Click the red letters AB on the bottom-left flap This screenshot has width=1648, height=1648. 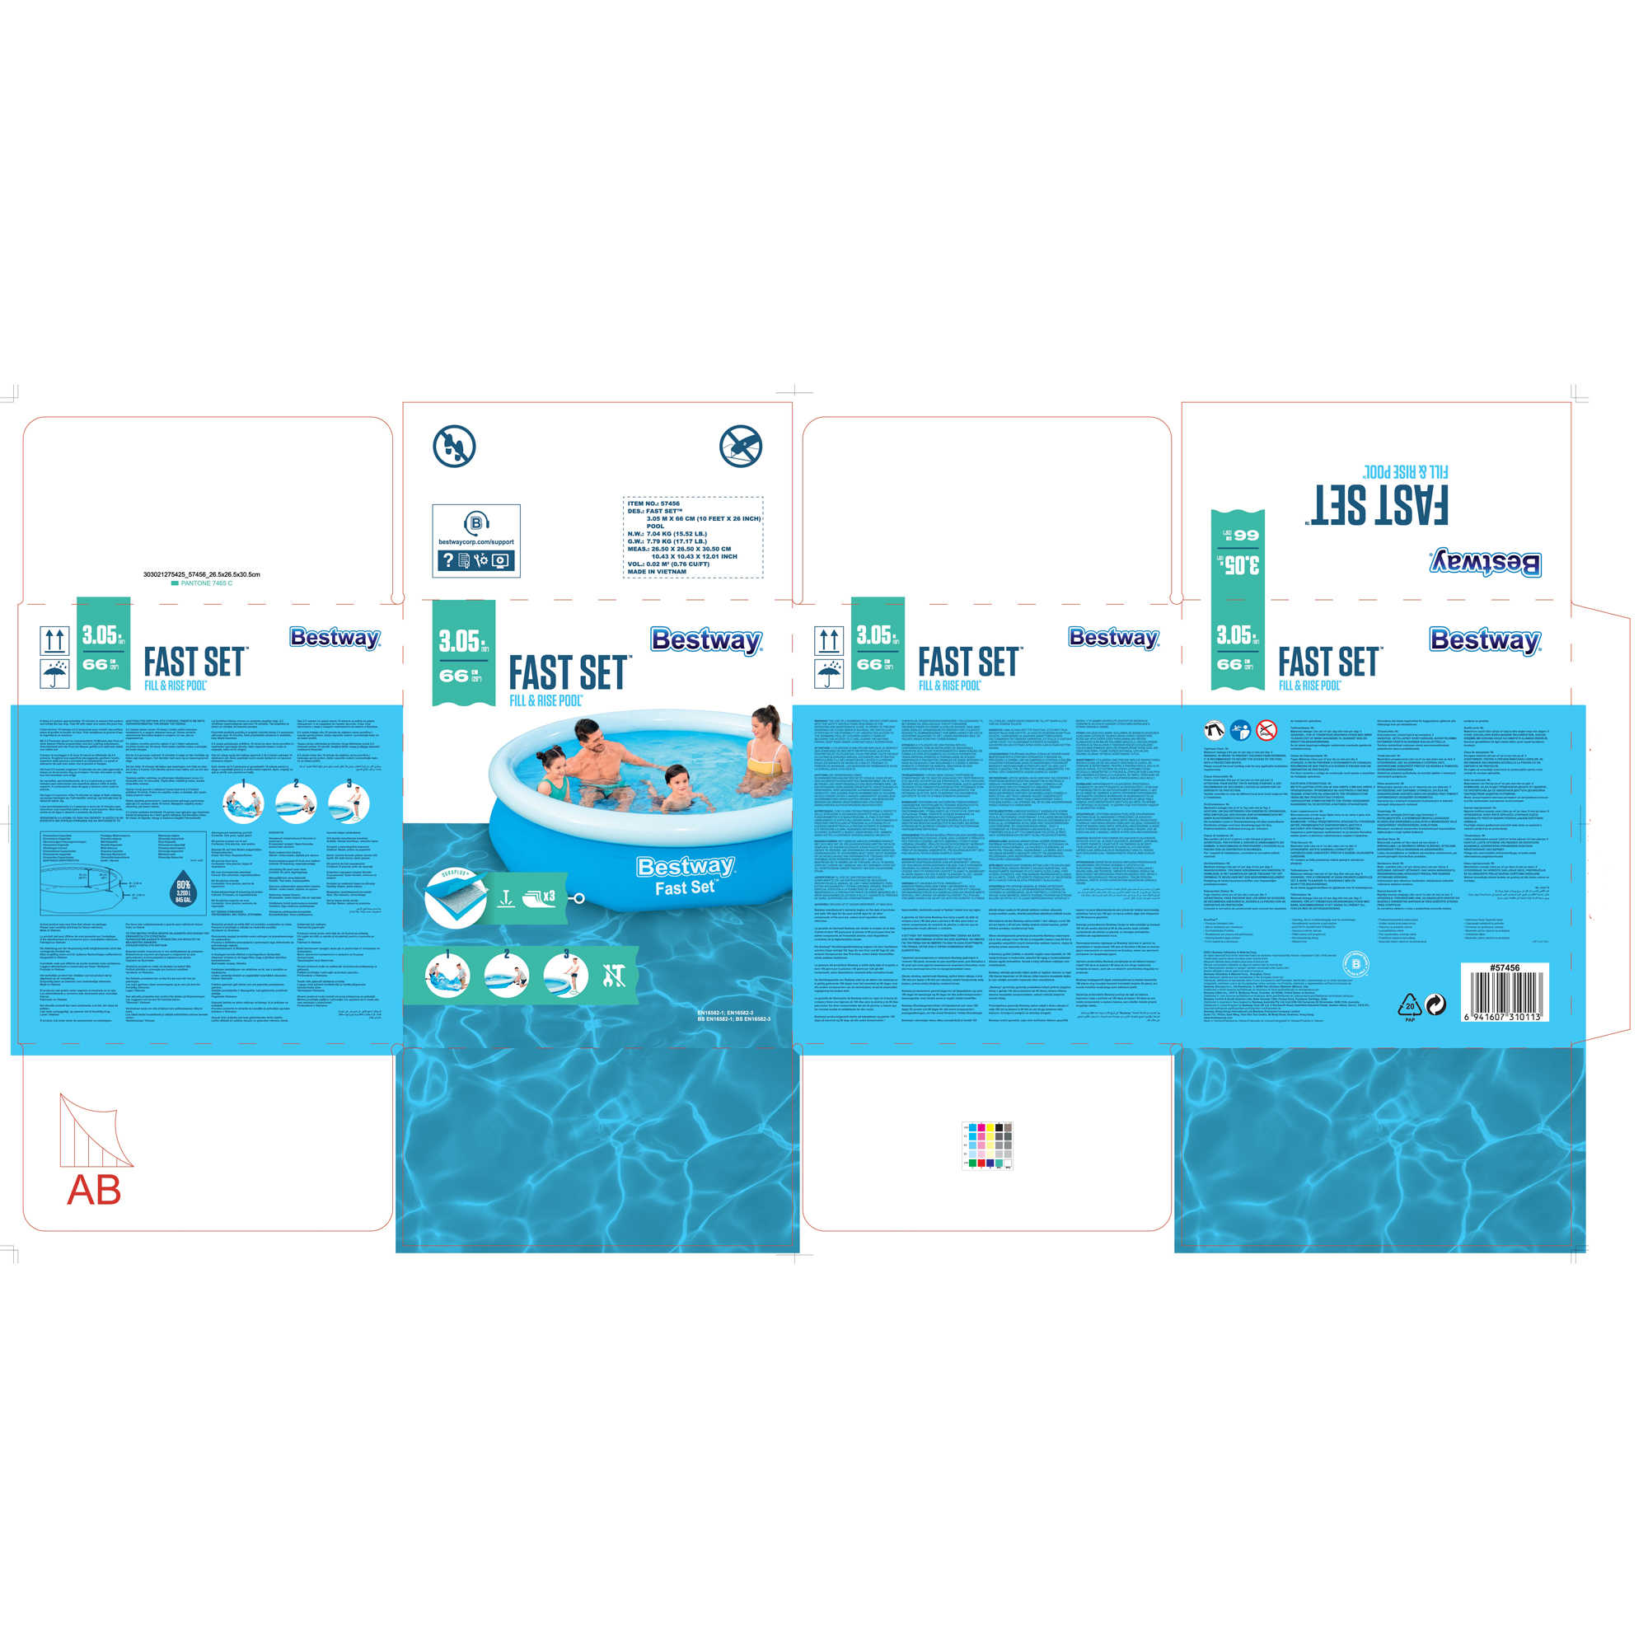coord(94,1191)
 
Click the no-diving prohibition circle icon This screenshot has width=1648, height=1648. coord(740,446)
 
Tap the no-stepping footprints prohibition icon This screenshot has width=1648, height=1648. coord(454,446)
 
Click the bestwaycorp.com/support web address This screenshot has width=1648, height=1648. coord(476,541)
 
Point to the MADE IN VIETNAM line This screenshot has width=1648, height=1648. coord(657,572)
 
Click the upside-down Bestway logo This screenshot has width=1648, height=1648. coord(1485,563)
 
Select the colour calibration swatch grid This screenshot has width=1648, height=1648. coord(987,1145)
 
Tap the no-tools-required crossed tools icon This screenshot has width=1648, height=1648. coord(614,976)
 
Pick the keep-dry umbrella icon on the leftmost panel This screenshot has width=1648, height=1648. coord(54,673)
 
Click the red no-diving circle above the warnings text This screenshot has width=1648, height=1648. coord(1266,730)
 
